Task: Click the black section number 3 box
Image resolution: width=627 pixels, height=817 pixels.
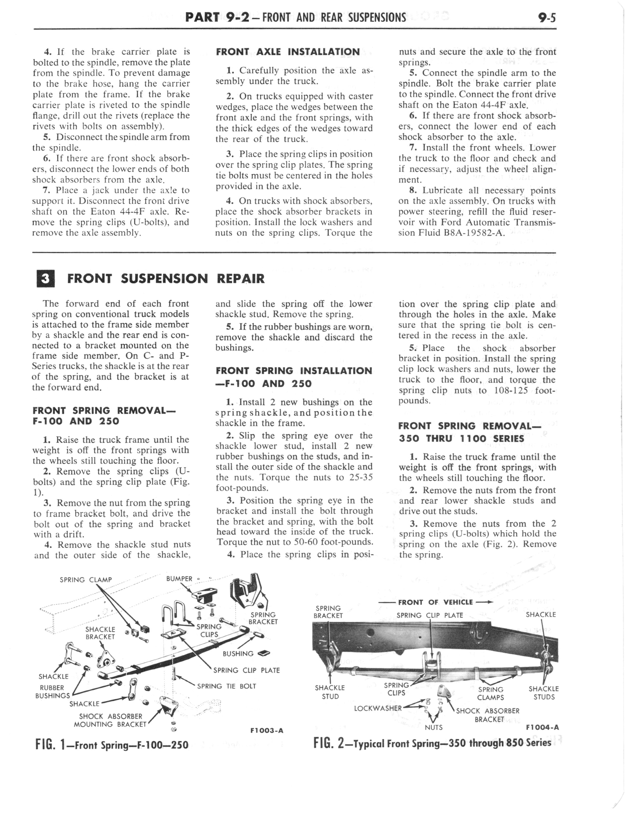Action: [46, 279]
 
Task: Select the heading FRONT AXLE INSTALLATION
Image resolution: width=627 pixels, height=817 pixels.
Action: [288, 52]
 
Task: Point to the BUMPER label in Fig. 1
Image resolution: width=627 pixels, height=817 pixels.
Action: [179, 579]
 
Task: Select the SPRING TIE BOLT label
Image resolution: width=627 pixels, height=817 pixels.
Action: [227, 686]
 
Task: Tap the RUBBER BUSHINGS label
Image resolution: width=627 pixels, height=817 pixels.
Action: [52, 692]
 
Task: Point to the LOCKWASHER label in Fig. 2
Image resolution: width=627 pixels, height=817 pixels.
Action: [378, 708]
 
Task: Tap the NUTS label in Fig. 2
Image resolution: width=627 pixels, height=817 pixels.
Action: [434, 727]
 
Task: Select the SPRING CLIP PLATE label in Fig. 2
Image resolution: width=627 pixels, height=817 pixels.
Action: [430, 615]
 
